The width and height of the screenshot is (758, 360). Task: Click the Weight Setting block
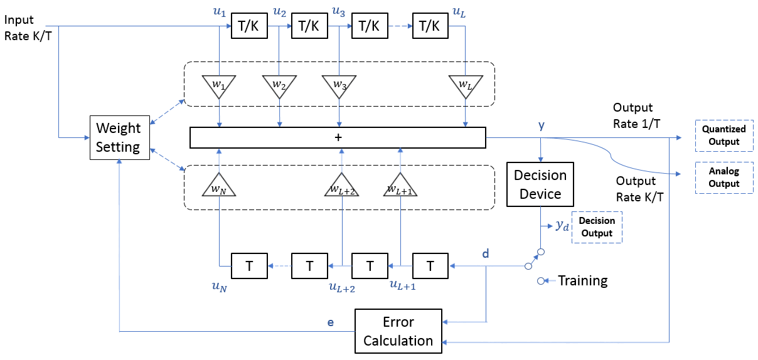tap(119, 137)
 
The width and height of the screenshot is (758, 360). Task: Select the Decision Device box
tap(540, 184)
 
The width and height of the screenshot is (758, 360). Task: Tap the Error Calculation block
tap(398, 331)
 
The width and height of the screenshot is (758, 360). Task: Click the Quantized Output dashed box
tap(723, 135)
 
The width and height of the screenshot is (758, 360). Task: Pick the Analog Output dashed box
tap(723, 177)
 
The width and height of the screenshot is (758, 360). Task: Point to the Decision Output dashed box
tap(597, 227)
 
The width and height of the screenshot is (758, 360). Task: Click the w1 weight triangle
tap(219, 85)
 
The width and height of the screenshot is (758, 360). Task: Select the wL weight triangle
tap(464, 85)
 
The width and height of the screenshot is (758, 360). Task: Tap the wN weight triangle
tap(219, 186)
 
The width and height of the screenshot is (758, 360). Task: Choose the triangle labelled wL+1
tap(400, 186)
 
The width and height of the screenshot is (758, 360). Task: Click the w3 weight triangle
tap(339, 85)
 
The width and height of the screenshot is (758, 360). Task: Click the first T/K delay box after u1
tap(249, 26)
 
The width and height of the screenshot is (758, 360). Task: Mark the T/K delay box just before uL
tap(430, 26)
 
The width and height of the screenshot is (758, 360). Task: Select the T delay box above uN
tap(249, 266)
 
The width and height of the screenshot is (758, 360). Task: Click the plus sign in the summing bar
tap(338, 137)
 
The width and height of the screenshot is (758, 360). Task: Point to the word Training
tap(582, 281)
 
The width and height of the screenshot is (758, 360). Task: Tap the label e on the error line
tap(331, 322)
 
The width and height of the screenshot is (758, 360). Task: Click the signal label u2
tap(280, 11)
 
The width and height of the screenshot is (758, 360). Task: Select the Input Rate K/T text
tap(28, 28)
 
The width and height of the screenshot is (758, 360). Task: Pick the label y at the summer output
tap(542, 126)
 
